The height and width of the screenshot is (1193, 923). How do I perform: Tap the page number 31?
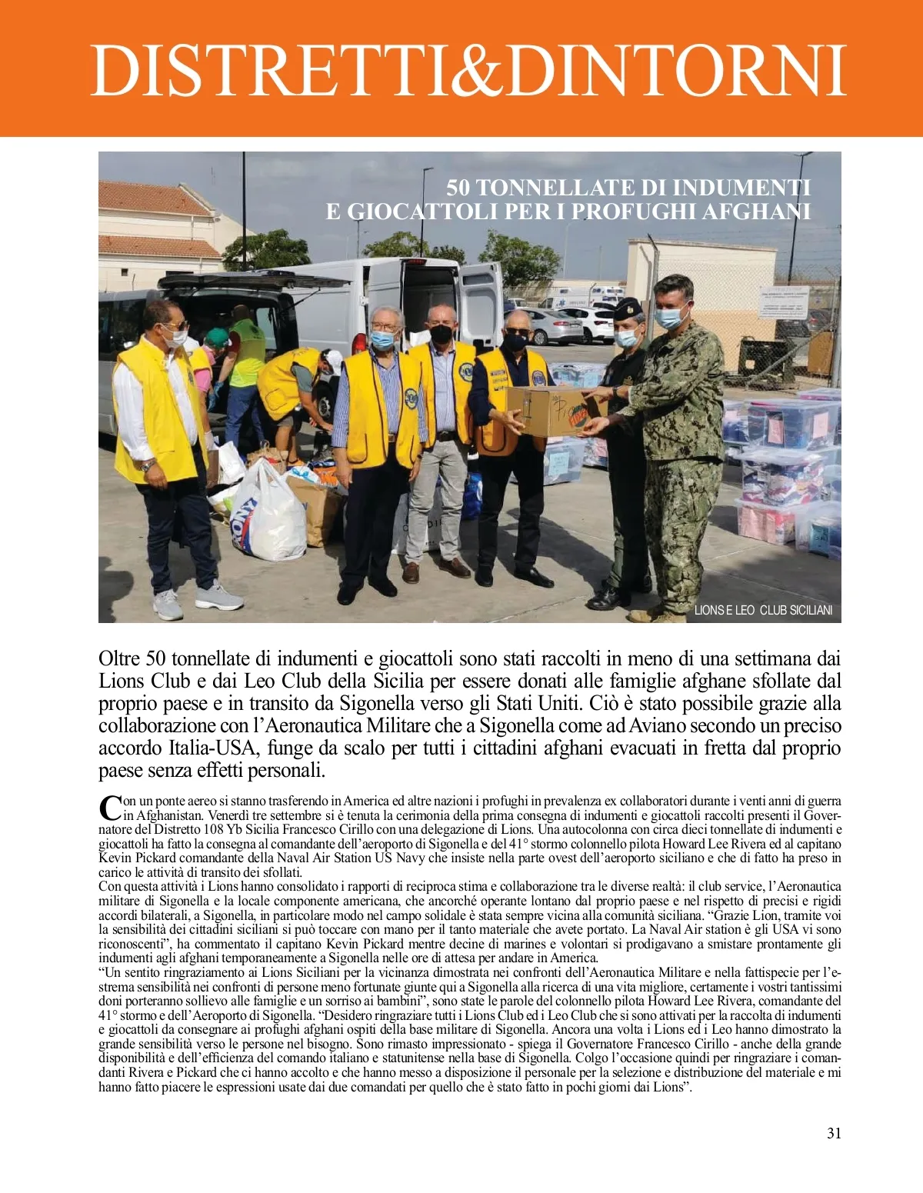pyautogui.click(x=834, y=1133)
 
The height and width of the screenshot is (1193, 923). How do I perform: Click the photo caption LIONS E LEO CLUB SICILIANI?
pyautogui.click(x=763, y=610)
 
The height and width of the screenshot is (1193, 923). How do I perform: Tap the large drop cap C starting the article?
pyautogui.click(x=110, y=808)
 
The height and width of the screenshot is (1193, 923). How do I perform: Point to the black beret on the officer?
pyautogui.click(x=628, y=307)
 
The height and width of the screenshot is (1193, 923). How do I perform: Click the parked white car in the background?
pyautogui.click(x=553, y=326)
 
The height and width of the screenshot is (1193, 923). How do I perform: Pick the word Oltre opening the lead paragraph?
pyautogui.click(x=119, y=659)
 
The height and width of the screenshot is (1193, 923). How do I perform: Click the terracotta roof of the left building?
pyautogui.click(x=154, y=198)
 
